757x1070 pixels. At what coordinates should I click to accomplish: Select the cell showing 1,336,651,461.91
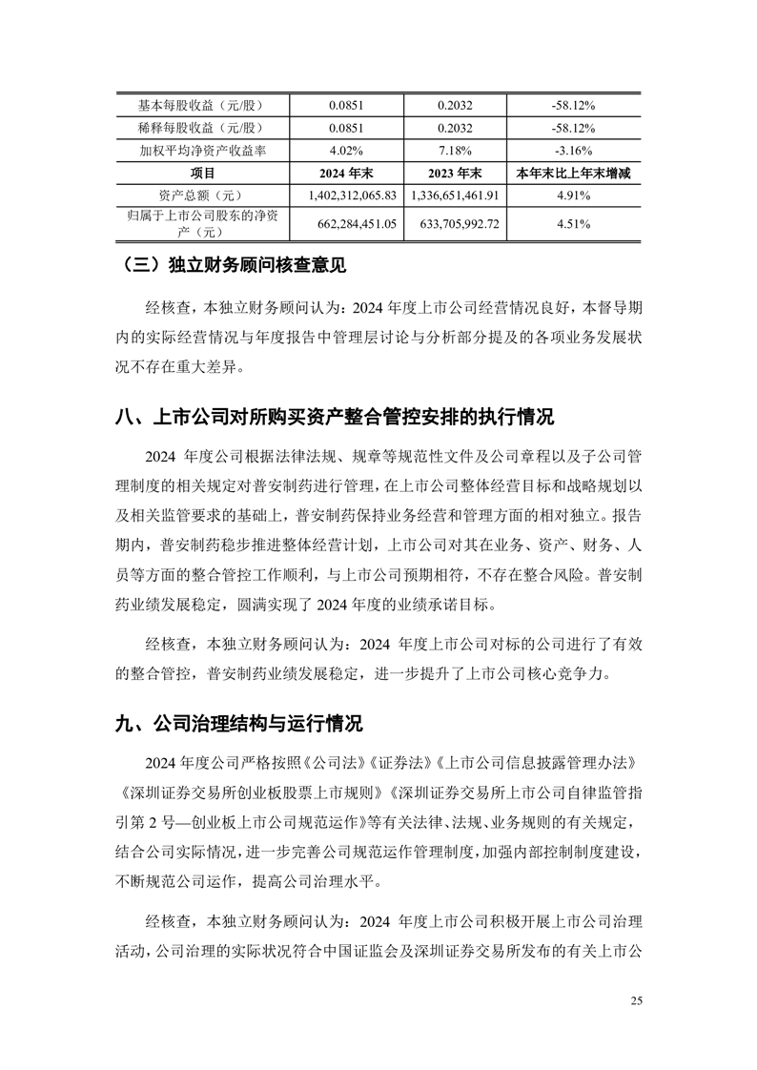456,195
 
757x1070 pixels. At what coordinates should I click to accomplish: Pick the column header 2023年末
456,173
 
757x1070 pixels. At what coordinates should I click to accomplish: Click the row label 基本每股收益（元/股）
202,105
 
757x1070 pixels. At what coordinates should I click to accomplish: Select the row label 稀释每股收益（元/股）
202,128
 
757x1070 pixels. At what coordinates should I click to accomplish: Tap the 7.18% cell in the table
456,151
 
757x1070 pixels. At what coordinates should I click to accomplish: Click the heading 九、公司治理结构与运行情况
239,723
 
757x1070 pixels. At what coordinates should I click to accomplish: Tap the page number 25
637,1000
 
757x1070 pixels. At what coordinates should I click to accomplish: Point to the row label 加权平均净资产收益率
202,151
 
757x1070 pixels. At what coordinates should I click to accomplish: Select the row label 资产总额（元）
202,195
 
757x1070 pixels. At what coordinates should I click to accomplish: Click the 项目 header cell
202,173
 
